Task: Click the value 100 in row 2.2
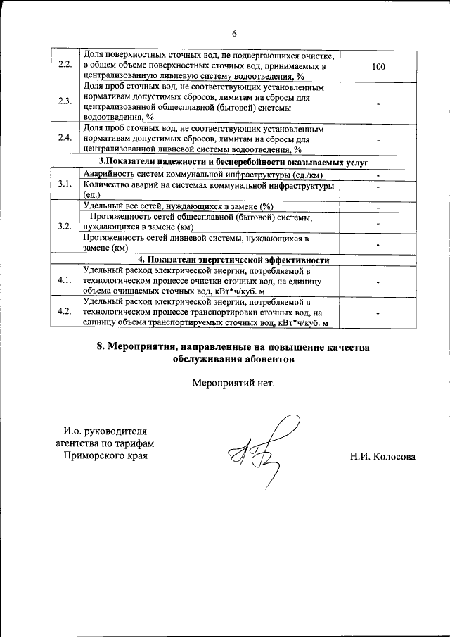(378, 66)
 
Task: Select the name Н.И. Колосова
(382, 456)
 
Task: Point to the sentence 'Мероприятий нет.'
(233, 384)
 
